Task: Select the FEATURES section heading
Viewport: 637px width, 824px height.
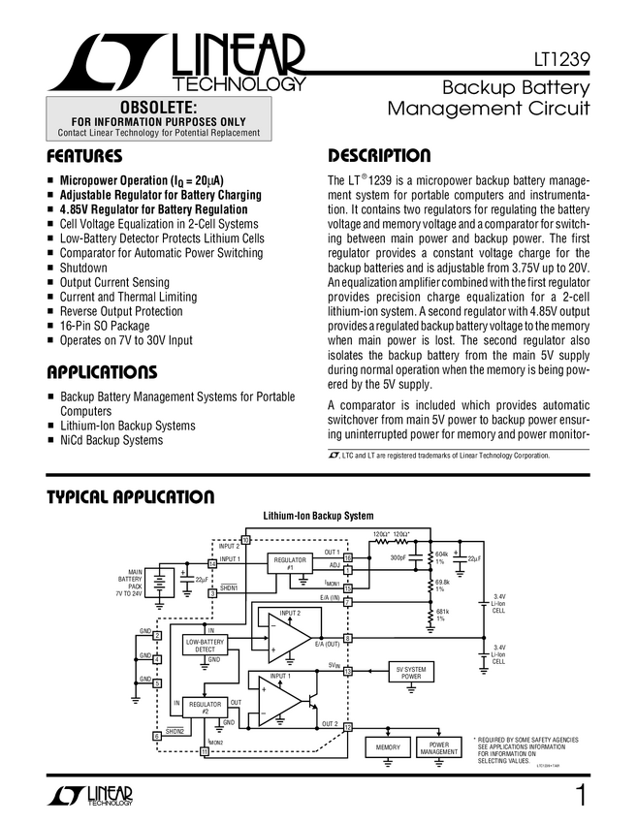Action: pyautogui.click(x=84, y=156)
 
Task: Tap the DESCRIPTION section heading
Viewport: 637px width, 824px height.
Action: pyautogui.click(x=379, y=156)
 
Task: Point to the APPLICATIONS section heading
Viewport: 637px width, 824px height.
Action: pyautogui.click(x=102, y=372)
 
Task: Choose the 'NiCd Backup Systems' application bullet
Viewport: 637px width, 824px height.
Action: pyautogui.click(x=111, y=440)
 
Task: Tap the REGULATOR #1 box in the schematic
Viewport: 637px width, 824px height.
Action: pyautogui.click(x=290, y=564)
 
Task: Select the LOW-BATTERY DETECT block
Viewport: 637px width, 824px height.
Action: pyautogui.click(x=205, y=646)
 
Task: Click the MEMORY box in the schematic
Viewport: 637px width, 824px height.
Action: pyautogui.click(x=387, y=747)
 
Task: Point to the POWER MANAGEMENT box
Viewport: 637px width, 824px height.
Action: pyautogui.click(x=439, y=747)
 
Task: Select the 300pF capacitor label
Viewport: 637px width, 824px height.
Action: pyautogui.click(x=399, y=558)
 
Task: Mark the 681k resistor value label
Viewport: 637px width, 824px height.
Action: pyautogui.click(x=442, y=613)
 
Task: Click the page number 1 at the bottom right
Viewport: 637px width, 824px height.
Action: pyautogui.click(x=580, y=797)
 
